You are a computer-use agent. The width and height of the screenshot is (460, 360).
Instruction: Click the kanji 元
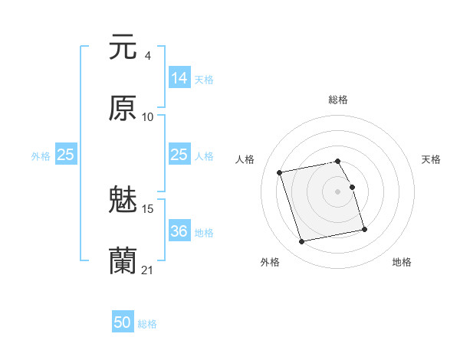tap(123, 47)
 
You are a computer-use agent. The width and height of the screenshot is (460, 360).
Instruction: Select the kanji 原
tap(123, 109)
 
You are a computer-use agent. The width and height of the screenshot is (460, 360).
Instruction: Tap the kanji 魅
tap(123, 201)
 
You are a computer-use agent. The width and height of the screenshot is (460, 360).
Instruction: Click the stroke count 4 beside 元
tap(147, 55)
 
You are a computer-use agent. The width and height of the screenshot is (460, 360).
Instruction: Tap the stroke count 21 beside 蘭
tap(148, 270)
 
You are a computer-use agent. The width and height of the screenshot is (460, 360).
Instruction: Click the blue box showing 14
tap(179, 78)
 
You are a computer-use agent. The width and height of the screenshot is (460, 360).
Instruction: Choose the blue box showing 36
tap(179, 231)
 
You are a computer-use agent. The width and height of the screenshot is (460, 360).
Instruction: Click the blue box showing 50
tap(123, 323)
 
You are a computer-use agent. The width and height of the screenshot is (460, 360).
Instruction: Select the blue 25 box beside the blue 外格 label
tap(66, 155)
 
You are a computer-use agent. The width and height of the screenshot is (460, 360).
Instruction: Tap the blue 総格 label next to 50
tap(148, 324)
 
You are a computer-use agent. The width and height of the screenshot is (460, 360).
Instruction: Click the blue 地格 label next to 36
tap(204, 232)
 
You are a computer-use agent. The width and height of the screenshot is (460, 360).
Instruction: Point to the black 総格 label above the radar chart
tap(338, 100)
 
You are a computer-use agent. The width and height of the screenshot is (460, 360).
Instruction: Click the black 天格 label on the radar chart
tap(432, 159)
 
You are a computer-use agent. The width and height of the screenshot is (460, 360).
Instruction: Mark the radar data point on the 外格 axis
tap(302, 242)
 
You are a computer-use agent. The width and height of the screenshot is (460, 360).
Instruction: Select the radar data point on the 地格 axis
tap(364, 230)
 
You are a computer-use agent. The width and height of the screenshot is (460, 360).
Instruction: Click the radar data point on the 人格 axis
tap(280, 172)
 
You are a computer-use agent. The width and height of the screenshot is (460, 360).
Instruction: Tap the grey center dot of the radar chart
tap(338, 191)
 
